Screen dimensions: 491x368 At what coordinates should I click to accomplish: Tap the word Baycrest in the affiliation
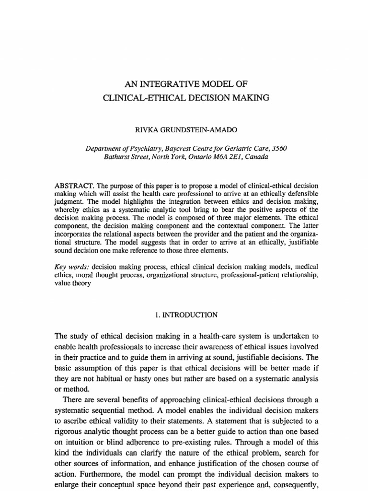click(184, 149)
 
